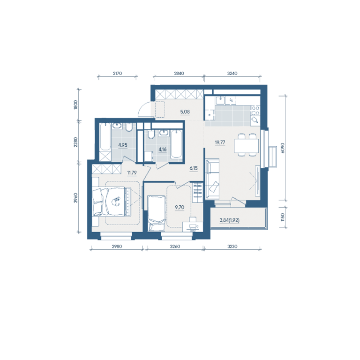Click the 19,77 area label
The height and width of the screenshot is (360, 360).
(220, 142)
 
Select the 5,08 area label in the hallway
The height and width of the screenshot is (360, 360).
(185, 112)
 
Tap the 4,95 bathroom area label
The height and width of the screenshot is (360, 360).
(123, 145)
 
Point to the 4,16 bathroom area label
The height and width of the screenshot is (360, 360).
(163, 150)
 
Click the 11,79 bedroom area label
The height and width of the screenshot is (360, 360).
(132, 172)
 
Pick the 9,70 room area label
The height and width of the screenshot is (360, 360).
(180, 207)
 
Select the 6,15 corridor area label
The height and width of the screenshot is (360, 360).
(194, 168)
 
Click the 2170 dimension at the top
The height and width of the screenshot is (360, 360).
(117, 74)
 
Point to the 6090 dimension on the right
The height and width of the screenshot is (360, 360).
(283, 148)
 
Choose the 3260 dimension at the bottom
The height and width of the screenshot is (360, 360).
(175, 247)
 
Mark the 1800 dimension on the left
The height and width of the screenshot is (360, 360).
(76, 105)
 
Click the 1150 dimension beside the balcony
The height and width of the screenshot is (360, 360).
(283, 217)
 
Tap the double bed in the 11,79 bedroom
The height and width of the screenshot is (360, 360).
(112, 202)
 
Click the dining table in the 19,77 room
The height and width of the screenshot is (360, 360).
(247, 146)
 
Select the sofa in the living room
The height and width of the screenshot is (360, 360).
(213, 179)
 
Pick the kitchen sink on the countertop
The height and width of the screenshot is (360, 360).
(221, 100)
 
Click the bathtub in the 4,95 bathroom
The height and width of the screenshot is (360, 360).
(105, 136)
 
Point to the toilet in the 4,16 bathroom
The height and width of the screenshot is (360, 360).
(151, 135)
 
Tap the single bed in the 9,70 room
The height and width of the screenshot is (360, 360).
(157, 213)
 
